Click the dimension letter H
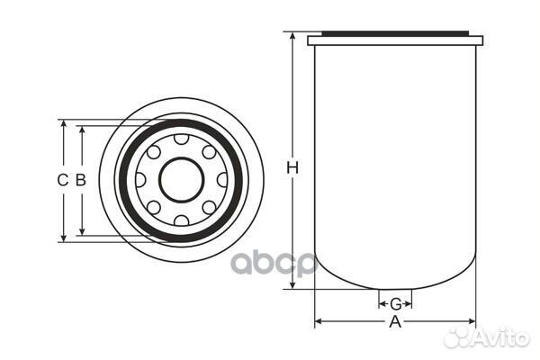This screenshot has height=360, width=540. coord(292,167)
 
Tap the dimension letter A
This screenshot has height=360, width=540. coord(395,322)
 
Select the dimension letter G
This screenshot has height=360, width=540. coord(396,304)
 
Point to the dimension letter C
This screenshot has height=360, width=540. coord(63,180)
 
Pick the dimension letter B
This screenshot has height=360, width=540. coord(81,180)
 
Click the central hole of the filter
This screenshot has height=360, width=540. coord(182,180)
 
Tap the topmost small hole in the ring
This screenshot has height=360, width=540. coord(182,139)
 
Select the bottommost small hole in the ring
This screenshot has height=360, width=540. coord(182,220)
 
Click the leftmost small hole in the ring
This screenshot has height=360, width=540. coord(140,180)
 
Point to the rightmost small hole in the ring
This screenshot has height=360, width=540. coord(222,180)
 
